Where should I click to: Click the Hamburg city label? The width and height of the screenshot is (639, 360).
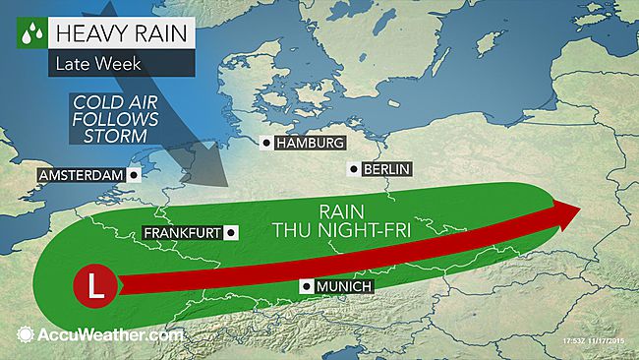(x=310, y=144)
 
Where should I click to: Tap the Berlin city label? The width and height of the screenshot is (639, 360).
(x=385, y=169)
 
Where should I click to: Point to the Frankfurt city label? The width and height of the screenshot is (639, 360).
(x=182, y=233)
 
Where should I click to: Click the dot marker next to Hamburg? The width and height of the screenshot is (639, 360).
(x=266, y=144)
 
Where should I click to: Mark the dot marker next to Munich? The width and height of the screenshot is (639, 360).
(x=307, y=286)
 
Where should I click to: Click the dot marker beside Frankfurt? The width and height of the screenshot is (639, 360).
(x=231, y=233)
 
